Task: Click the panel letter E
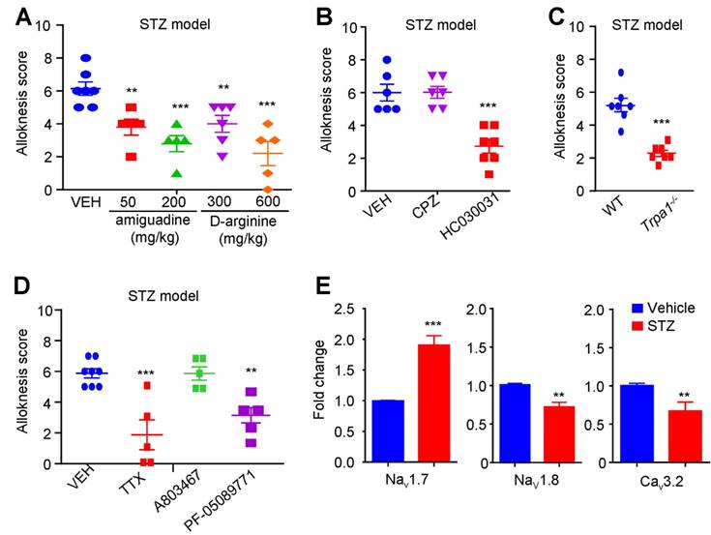[x=334, y=287]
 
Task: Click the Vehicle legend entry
[x=664, y=310]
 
